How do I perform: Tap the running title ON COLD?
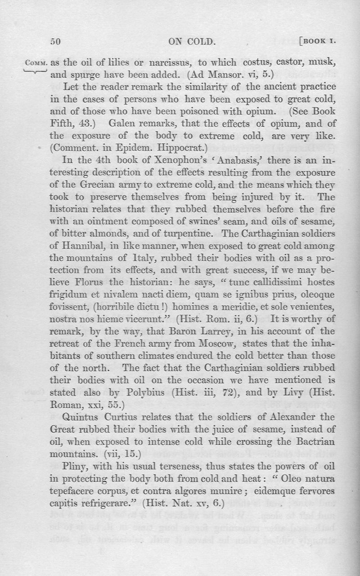(192, 42)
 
